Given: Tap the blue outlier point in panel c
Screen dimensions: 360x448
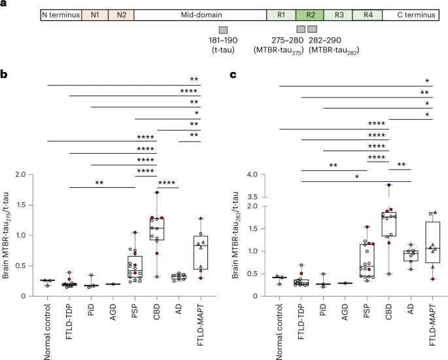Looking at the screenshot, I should (388, 185).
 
